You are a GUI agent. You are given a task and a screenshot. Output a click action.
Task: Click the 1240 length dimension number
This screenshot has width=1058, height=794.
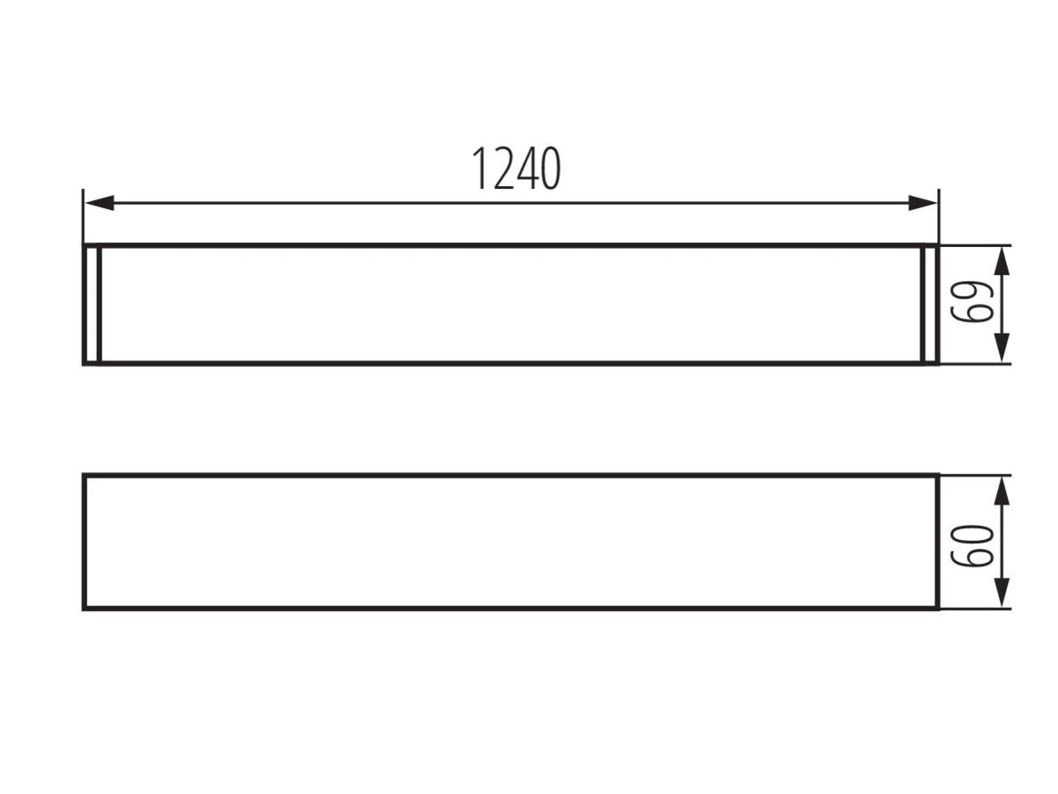515,169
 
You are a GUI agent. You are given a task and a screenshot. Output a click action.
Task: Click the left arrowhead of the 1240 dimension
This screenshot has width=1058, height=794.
100,203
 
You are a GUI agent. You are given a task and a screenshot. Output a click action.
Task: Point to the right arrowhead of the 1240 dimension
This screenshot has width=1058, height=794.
922,203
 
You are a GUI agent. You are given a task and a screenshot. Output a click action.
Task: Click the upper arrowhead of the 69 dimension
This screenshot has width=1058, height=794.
1002,261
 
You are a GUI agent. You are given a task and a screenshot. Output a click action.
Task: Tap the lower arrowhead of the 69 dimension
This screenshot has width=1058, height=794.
1002,348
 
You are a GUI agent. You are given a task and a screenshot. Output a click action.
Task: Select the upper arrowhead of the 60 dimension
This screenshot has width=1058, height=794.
1002,491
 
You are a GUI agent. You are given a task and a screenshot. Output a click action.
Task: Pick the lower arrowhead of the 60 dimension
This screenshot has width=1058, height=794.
1002,593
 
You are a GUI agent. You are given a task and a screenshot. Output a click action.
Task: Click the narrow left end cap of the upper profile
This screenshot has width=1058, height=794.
92,304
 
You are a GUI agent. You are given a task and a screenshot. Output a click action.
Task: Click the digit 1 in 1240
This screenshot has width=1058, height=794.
479,169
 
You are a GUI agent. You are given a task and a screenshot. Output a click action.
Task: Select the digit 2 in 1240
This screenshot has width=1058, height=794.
503,169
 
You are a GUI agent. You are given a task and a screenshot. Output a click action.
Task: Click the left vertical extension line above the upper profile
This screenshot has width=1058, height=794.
83,216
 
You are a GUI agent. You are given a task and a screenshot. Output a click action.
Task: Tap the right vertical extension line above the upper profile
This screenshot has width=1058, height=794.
939,216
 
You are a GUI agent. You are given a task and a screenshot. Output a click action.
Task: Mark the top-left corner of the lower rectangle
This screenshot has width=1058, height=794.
85,476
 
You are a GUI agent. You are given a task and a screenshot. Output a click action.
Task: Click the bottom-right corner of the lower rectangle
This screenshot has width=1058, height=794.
937,609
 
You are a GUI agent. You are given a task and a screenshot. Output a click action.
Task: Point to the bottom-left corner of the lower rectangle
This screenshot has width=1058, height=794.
85,609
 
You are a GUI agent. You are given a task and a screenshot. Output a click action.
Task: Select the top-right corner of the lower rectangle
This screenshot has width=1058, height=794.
937,476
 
